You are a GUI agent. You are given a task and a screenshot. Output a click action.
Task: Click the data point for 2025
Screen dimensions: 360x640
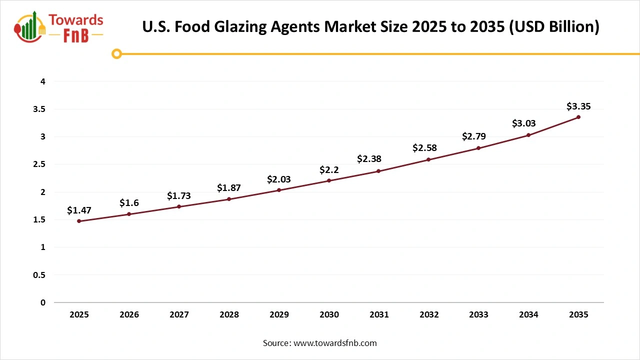[x=79, y=221]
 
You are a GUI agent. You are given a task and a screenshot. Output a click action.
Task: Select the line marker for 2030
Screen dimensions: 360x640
[x=329, y=180]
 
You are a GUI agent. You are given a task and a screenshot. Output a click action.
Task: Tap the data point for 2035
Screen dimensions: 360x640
[x=578, y=117]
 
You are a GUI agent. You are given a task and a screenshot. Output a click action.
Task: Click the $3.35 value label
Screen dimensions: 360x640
[x=578, y=106]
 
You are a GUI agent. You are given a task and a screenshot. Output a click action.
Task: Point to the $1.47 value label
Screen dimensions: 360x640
[x=79, y=210]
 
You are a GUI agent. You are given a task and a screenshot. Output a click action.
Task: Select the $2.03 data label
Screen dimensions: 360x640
[x=279, y=179]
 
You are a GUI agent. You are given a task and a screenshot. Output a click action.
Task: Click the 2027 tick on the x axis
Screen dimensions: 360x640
[x=179, y=314]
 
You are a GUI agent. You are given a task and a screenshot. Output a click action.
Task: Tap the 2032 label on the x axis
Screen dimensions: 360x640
[x=429, y=314]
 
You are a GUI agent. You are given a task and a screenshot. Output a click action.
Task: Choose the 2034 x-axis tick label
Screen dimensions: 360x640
[x=528, y=314]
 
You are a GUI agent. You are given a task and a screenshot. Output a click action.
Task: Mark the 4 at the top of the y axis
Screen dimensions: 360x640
[x=43, y=81]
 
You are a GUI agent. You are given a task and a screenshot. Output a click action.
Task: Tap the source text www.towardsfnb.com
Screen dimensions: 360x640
[x=335, y=343]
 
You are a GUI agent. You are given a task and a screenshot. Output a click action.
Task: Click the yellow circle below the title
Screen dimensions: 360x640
[x=116, y=53]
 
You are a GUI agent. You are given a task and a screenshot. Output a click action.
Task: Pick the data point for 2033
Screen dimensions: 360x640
[x=478, y=148]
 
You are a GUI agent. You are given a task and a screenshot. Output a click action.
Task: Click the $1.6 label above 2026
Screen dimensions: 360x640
[x=129, y=203]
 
